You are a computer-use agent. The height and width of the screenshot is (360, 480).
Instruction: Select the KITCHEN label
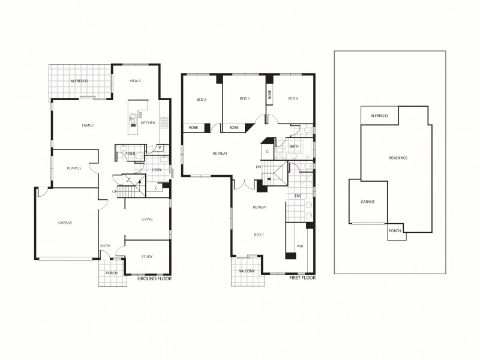pyautogui.click(x=148, y=123)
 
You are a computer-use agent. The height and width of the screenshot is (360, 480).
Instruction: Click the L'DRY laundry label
pyautogui.click(x=157, y=170)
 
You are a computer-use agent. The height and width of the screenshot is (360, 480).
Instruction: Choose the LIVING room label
pyautogui.click(x=147, y=219)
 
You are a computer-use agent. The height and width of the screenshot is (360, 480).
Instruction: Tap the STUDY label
pyautogui.click(x=147, y=257)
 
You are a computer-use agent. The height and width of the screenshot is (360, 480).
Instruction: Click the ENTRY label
pyautogui.click(x=106, y=246)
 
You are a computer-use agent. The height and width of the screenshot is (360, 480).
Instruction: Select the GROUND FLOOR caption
pyautogui.click(x=155, y=279)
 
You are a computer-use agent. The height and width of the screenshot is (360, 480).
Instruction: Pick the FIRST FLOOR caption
pyautogui.click(x=302, y=278)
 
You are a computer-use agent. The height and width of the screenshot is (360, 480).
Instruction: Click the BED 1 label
pyautogui.click(x=259, y=235)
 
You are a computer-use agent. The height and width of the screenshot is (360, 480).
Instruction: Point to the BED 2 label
pyautogui.click(x=202, y=99)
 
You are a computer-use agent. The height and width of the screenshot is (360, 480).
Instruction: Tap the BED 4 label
pyautogui.click(x=293, y=99)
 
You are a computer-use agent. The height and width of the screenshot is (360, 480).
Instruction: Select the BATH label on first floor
pyautogui.click(x=294, y=146)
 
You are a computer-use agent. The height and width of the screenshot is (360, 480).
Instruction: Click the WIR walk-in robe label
pyautogui.click(x=299, y=246)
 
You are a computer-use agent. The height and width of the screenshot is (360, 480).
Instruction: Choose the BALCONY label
pyautogui.click(x=246, y=271)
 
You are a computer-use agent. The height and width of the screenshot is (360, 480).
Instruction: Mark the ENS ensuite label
pyautogui.click(x=298, y=196)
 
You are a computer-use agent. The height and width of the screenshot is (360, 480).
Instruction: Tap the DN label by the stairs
pyautogui.click(x=259, y=167)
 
